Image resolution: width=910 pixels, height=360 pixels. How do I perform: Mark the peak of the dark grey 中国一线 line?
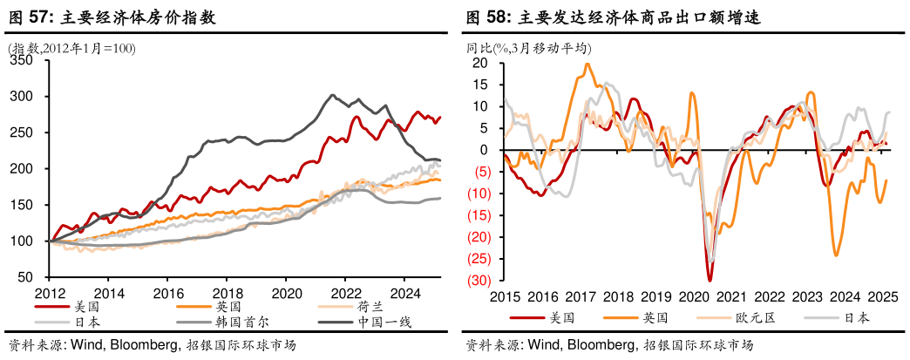[332, 95]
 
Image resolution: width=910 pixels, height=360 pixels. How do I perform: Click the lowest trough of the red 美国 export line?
[710, 279]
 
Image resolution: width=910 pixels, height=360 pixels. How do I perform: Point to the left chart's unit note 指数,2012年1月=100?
[70, 49]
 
